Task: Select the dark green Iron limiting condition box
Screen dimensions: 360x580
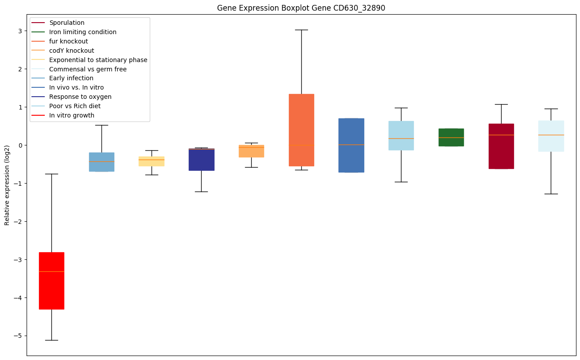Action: click(451, 137)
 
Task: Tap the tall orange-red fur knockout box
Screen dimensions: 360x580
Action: click(301, 130)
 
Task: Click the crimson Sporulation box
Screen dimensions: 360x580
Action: click(501, 146)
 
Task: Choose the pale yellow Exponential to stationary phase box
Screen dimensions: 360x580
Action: click(152, 161)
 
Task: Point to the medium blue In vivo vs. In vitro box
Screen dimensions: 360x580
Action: click(351, 145)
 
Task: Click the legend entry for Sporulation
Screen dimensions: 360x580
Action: click(67, 23)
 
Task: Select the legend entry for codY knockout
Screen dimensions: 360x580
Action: click(72, 51)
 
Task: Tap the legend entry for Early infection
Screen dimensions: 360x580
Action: click(71, 78)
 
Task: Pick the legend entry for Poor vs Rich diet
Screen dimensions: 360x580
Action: click(75, 106)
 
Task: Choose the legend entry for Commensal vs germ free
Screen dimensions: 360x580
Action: click(88, 69)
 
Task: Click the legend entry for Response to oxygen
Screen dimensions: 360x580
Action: click(80, 97)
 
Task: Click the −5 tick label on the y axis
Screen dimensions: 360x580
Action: click(19, 336)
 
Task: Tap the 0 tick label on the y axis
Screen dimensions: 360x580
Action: click(20, 145)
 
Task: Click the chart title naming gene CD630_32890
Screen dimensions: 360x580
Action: click(301, 8)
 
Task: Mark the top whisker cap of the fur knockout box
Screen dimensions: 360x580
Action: click(301, 30)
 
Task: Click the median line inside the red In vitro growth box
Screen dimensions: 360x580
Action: click(51, 271)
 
